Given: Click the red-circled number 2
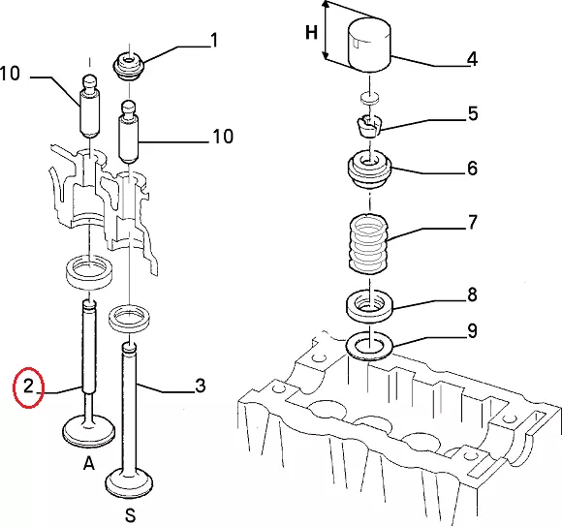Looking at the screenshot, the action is tap(28, 387).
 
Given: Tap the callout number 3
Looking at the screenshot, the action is tap(201, 386).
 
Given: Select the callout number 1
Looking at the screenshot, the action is tap(214, 40).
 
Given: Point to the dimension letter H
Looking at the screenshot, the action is tap(311, 33).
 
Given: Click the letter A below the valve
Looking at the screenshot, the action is tap(89, 463).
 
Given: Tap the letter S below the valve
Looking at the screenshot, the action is tap(131, 515).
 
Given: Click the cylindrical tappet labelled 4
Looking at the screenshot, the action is tap(369, 45).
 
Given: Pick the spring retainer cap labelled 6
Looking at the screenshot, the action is tap(369, 170).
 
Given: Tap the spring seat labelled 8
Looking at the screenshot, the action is tap(369, 307).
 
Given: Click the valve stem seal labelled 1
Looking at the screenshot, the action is tap(129, 66).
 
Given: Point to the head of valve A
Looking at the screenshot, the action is tap(88, 431).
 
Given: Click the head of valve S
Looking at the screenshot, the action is tap(130, 483).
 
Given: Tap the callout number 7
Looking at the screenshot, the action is tap(473, 222).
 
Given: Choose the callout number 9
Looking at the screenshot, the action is tap(473, 330).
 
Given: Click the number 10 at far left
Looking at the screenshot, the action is tap(10, 74).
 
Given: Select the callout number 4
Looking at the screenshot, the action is tap(473, 59).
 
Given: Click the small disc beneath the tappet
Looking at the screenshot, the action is tap(369, 98).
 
